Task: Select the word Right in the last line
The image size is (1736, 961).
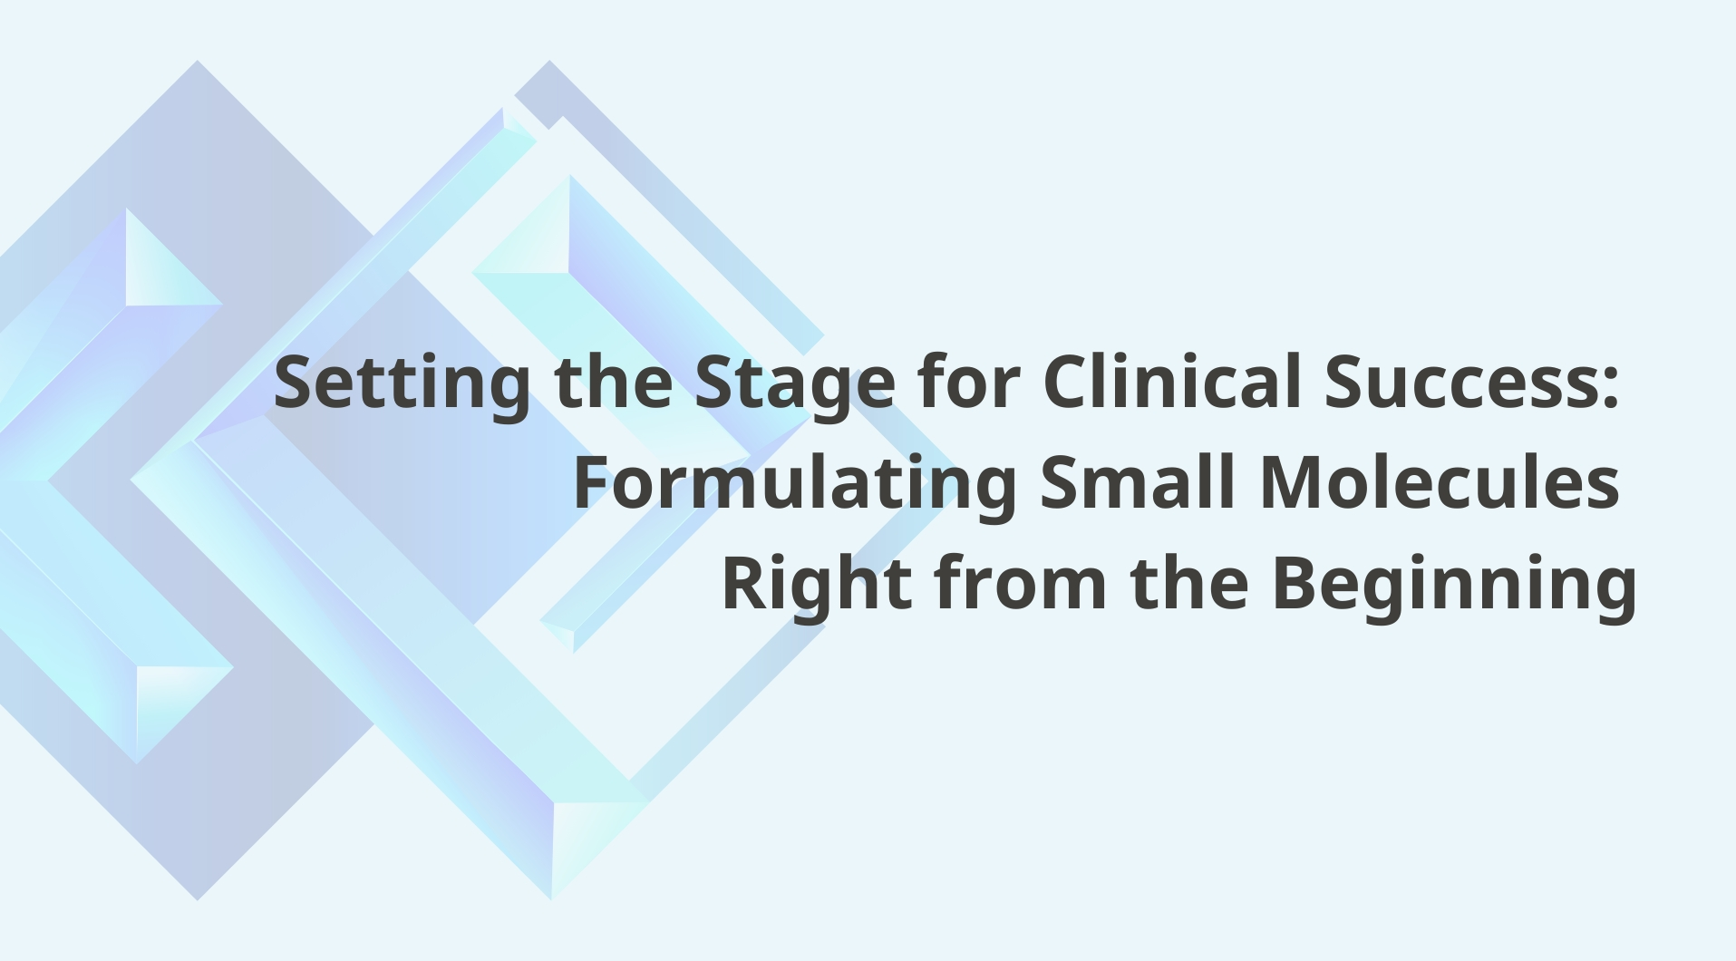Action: coord(816,583)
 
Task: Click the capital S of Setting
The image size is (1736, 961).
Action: coord(296,382)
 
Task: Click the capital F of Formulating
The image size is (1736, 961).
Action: coord(591,481)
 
